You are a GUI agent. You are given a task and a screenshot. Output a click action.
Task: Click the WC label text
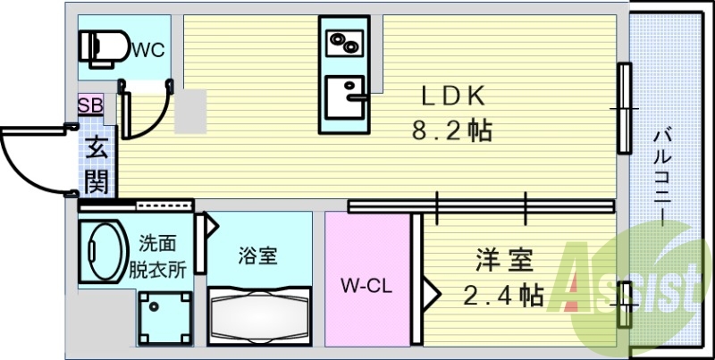tap(147, 50)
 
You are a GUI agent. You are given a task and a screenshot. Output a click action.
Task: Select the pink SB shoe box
tap(91, 105)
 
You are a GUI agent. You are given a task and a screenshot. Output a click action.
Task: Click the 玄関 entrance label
tap(96, 166)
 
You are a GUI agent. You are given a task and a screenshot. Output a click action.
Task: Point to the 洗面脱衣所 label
tap(163, 256)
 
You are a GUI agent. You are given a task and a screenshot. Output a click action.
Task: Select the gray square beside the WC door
tap(189, 113)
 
